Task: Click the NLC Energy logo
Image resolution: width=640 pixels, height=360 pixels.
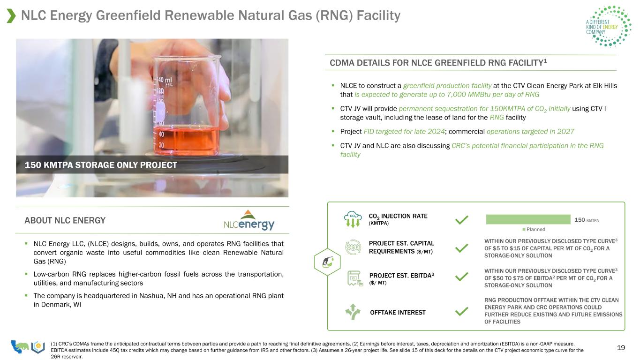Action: click(x=249, y=220)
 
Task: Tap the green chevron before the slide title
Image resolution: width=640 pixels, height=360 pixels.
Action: click(x=11, y=16)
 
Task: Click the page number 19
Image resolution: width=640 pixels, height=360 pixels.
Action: click(x=621, y=347)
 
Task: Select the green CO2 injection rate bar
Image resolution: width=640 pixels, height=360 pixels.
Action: click(x=528, y=219)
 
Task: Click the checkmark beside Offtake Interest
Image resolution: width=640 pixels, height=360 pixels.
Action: click(x=462, y=311)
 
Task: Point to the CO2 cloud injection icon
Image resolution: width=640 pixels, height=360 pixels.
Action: click(x=353, y=219)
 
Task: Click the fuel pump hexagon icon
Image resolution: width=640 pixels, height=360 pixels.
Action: click(x=327, y=262)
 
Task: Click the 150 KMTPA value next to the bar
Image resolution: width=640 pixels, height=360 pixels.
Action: click(x=587, y=220)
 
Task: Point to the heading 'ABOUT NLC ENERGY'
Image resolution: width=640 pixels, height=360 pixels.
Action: click(x=65, y=220)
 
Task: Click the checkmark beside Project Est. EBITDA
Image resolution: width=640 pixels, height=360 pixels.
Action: click(x=462, y=277)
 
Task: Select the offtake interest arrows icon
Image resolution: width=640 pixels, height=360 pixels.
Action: click(x=353, y=311)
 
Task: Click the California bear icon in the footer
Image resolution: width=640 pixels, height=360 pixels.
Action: click(x=20, y=346)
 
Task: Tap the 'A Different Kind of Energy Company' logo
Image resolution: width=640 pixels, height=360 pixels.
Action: click(x=608, y=26)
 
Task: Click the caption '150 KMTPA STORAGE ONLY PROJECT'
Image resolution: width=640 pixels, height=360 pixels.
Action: click(x=101, y=165)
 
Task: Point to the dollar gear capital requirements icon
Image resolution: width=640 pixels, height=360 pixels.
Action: click(x=353, y=247)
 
